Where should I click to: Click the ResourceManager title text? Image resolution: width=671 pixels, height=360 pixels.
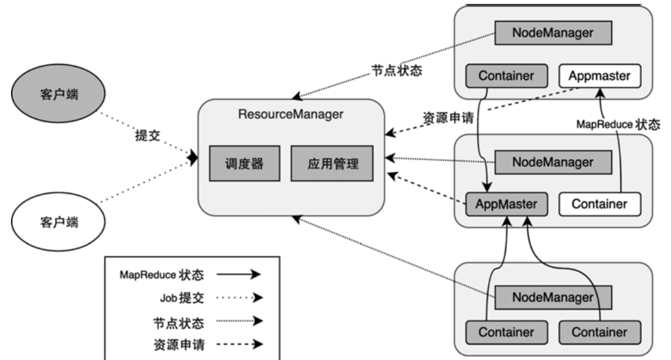coord(290,115)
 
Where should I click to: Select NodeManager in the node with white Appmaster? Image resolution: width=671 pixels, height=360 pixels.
coord(553,31)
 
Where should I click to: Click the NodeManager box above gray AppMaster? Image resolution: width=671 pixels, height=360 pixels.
coord(553,161)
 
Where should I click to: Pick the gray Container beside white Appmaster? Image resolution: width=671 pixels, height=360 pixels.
coord(506,75)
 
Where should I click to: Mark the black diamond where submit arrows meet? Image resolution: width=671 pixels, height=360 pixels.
coord(193,158)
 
